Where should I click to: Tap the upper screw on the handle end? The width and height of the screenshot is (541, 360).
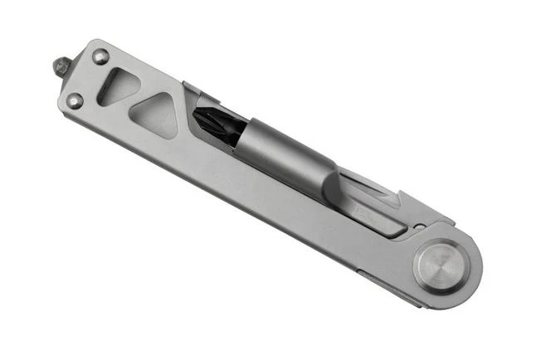101,57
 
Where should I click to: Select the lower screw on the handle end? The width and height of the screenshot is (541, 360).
76,101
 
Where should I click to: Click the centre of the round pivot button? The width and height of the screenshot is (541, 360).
441,267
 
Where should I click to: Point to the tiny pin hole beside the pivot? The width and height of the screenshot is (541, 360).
420,226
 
